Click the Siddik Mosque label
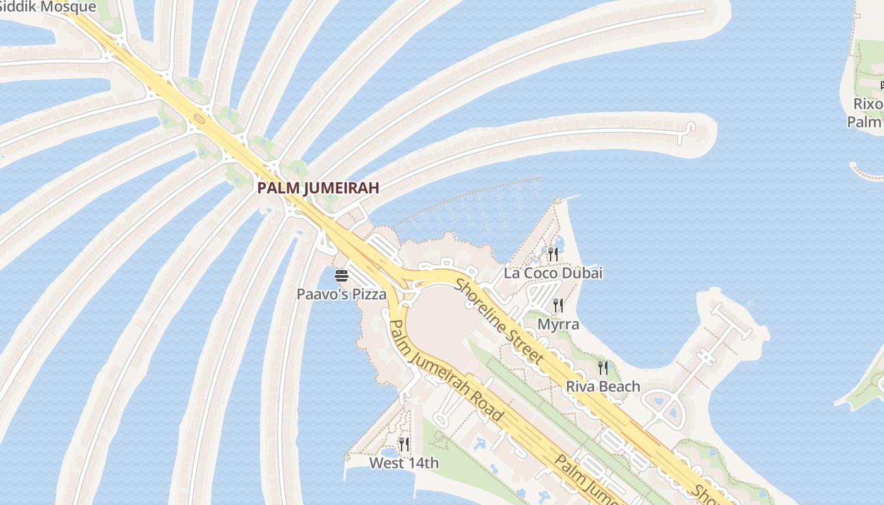48,7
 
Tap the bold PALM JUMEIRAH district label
318,187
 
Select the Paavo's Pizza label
342,294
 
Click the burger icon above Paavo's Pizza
342,276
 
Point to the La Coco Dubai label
552,273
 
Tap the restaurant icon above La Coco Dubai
552,254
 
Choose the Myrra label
558,324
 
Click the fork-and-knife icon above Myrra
558,306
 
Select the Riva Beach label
603,386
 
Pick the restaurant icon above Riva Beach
603,367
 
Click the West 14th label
404,463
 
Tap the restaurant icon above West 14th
404,444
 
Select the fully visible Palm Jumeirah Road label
446,371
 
